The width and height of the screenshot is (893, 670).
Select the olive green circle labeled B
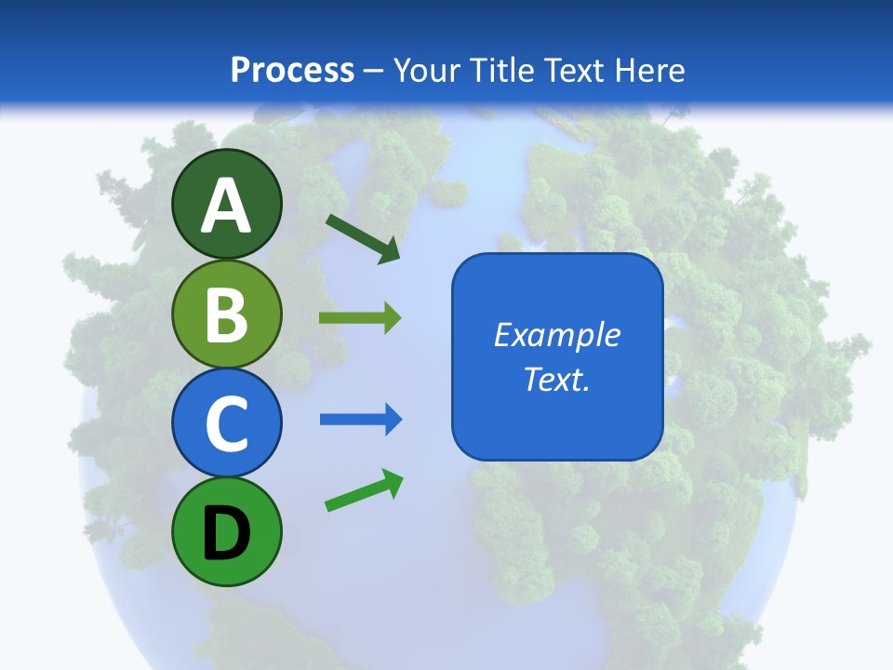point(226,314)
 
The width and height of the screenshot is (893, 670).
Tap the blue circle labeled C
point(226,422)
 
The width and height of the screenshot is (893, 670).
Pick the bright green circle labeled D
point(226,531)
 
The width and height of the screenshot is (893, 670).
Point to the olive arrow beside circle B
point(360,318)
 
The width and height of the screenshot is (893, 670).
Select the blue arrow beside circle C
point(361,420)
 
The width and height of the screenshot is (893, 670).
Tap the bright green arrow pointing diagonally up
point(364,490)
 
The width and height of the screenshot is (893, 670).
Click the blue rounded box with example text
point(557,356)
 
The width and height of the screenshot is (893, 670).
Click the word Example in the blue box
point(557,335)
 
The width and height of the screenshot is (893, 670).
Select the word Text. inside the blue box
point(557,380)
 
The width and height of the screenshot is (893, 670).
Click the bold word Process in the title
point(292,70)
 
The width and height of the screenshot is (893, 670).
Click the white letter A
point(226,206)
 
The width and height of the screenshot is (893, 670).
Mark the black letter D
point(226,533)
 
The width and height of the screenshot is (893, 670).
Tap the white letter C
point(226,424)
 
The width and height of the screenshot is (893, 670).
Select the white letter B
point(226,315)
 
